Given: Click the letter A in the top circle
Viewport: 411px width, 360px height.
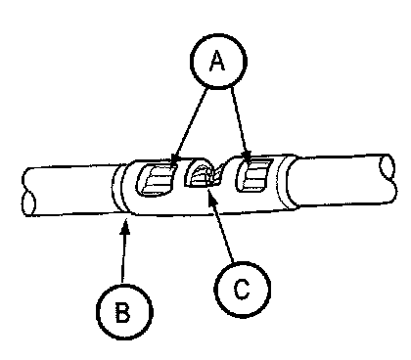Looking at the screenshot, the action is [217, 61].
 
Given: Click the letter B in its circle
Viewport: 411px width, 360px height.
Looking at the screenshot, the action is [123, 312].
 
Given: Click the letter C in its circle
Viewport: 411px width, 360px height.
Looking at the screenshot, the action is [242, 290].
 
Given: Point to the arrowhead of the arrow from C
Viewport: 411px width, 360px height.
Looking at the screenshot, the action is [211, 197].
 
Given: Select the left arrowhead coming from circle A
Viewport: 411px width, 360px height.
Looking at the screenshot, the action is [174, 159].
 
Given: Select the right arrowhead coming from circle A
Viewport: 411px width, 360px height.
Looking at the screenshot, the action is [248, 157].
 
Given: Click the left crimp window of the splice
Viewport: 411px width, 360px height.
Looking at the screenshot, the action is [157, 179].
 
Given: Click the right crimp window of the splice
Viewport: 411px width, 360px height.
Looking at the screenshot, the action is [253, 175].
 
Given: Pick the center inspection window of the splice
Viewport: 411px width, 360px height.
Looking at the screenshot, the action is [203, 173].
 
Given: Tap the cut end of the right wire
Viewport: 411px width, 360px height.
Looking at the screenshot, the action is [388, 178].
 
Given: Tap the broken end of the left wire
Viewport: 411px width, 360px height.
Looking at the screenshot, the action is [28, 193].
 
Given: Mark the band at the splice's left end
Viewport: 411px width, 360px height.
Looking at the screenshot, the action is [118, 189].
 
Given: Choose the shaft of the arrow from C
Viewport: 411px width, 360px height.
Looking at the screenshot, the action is [223, 232].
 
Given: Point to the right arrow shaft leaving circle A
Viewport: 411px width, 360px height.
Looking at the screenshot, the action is [239, 120].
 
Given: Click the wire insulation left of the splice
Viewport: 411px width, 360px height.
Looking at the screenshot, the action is [71, 191].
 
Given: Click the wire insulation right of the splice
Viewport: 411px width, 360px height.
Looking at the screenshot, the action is [340, 181].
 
